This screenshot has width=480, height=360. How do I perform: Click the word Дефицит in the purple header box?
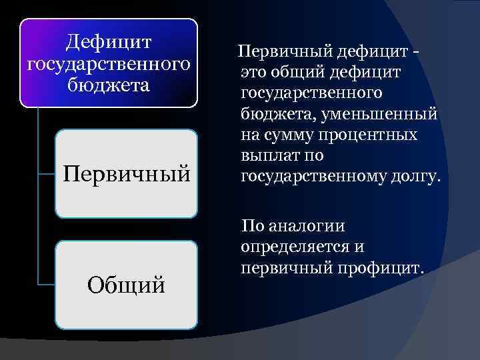109,43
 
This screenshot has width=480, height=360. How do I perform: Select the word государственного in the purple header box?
109,65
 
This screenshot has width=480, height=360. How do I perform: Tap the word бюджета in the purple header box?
109,86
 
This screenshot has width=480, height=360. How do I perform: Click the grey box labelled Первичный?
126,174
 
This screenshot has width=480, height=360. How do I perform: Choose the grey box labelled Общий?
126,285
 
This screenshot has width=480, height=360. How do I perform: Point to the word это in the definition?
255,71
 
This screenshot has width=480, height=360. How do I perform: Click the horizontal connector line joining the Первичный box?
47,174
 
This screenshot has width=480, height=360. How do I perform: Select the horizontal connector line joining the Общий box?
47,285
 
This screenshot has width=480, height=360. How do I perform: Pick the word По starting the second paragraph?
254,225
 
